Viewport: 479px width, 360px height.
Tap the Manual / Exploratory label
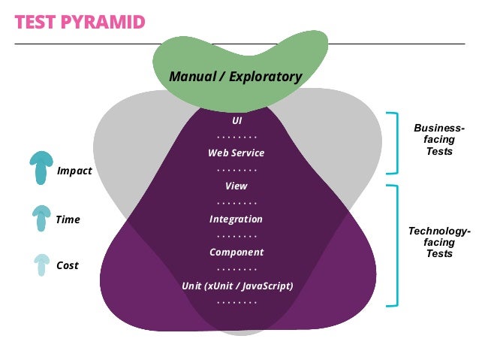click(x=235, y=77)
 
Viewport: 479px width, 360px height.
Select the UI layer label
click(x=236, y=119)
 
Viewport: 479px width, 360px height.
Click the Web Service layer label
click(x=236, y=153)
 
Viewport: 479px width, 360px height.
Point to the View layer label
click(x=236, y=186)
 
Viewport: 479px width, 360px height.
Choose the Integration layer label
click(x=236, y=219)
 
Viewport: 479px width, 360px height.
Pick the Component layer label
click(x=236, y=253)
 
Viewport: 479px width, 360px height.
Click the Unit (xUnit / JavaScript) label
click(x=236, y=286)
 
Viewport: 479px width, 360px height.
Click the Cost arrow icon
click(x=41, y=264)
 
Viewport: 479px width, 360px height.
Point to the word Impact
click(x=74, y=171)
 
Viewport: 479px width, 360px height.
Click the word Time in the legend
click(x=68, y=220)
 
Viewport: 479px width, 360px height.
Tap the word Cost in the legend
click(x=68, y=265)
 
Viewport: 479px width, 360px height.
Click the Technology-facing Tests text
click(x=439, y=242)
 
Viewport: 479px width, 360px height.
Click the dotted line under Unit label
click(x=236, y=302)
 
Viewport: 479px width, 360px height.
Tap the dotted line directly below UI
click(x=236, y=137)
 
